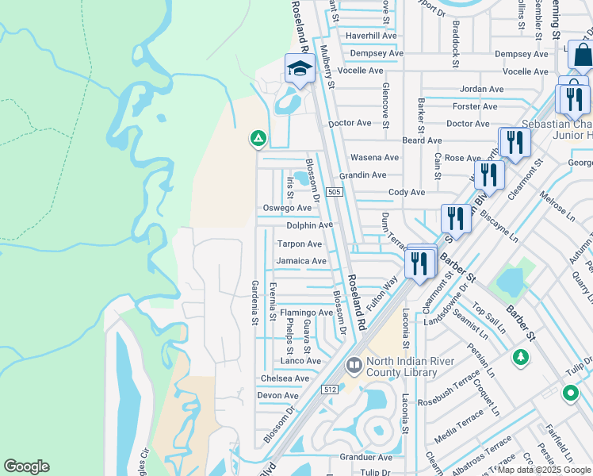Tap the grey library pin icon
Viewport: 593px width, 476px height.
[354, 366]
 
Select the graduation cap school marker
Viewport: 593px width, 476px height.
[300, 69]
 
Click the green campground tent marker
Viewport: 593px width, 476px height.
[258, 139]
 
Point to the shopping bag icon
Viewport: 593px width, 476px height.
[582, 55]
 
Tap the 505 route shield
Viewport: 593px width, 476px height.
[334, 192]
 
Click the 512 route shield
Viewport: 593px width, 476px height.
[331, 389]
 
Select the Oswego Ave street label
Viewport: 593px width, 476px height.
[287, 208]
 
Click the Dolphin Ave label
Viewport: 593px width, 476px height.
[310, 225]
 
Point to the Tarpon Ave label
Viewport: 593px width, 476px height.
[299, 244]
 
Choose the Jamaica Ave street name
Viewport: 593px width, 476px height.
[300, 261]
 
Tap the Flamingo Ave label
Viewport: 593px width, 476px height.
[306, 313]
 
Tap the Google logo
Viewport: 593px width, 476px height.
[26, 466]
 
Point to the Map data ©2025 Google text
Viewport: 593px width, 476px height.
[544, 470]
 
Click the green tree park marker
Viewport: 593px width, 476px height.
[520, 358]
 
